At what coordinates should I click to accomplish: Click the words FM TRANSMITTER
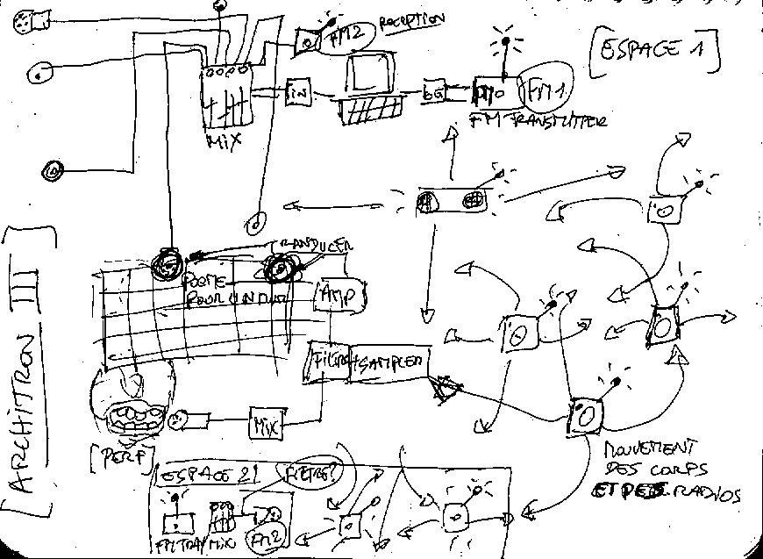pos(538,121)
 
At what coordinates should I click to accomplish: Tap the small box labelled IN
pos(297,90)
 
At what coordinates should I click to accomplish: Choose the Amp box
pos(339,297)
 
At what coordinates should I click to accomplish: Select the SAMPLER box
pos(389,362)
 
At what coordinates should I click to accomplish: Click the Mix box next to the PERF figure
pos(266,426)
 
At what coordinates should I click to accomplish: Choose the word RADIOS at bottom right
pos(707,495)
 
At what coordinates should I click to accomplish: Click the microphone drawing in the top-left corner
pos(32,21)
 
